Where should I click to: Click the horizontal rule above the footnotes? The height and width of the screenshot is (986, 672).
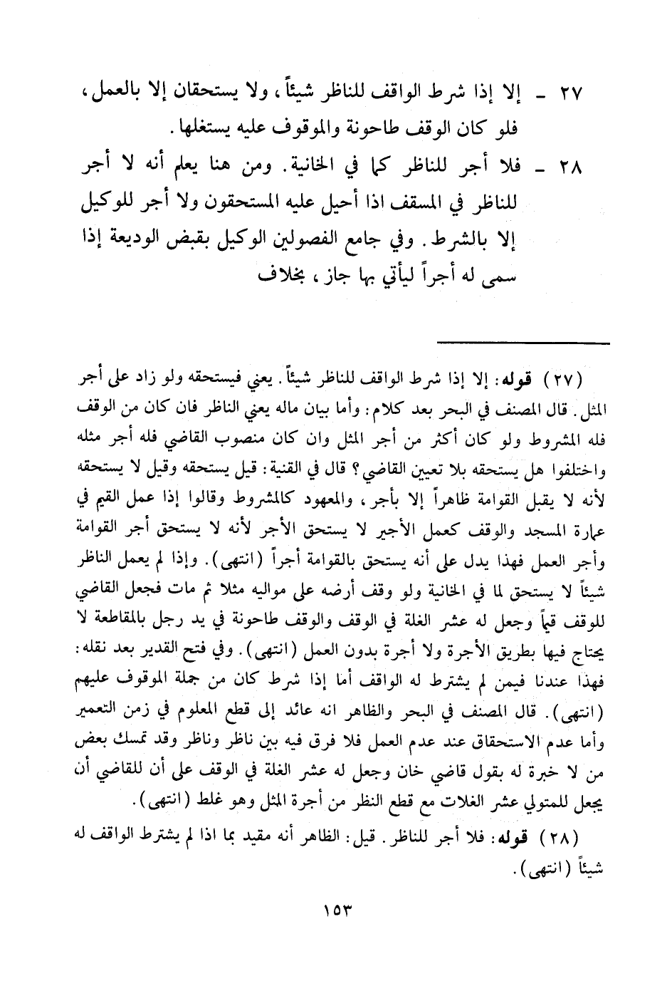click(x=523, y=344)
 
